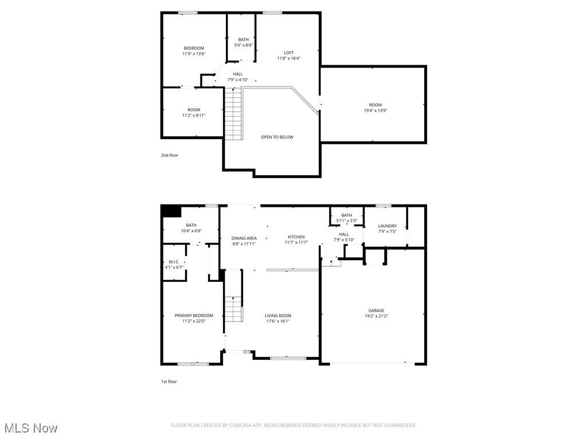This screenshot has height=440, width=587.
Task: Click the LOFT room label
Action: point(288,53)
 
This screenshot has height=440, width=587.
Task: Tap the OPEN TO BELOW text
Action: point(277,137)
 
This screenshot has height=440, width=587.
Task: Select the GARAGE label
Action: point(376,311)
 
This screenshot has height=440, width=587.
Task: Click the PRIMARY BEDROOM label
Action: point(194,316)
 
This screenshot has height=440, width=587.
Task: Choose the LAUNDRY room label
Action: point(387,226)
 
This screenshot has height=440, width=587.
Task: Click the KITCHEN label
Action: point(296,237)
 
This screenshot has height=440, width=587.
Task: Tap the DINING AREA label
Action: point(244,238)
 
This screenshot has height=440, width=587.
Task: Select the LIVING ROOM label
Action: point(277,316)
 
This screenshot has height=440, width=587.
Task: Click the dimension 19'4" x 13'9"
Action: point(375,111)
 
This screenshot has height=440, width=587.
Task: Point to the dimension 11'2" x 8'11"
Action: point(194,115)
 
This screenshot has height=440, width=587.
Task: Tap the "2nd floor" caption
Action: point(169,155)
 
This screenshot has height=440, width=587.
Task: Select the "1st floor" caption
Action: point(169,382)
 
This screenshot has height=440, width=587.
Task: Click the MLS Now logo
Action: point(30,428)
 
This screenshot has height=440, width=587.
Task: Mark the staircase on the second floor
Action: point(233,114)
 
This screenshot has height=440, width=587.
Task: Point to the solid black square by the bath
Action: point(170,211)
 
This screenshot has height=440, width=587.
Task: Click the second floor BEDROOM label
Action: point(194,48)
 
